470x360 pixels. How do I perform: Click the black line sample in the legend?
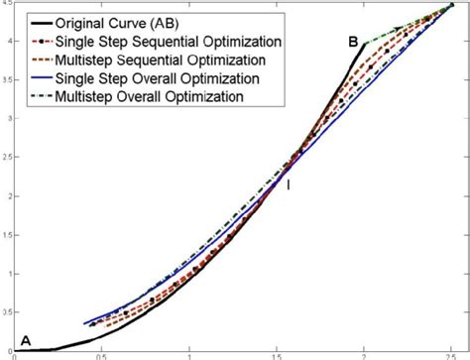(41, 23)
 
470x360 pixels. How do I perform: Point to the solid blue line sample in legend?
(41, 77)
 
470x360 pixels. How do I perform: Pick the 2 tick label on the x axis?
(364, 356)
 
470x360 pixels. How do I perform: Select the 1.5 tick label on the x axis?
(276, 356)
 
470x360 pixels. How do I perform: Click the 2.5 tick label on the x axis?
(452, 356)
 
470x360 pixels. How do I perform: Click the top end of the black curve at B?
(365, 44)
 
